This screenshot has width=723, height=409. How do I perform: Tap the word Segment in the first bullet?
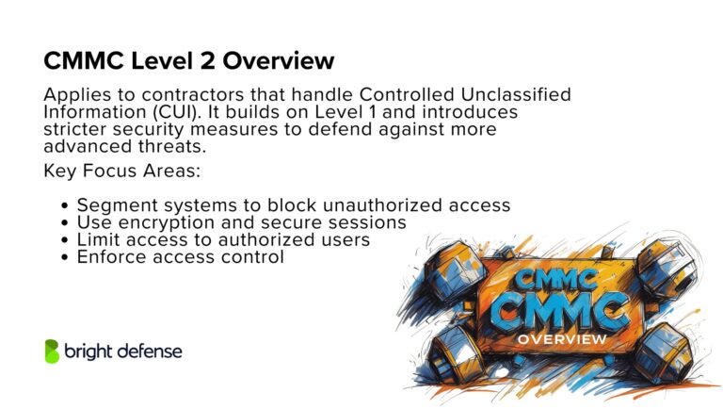pyautogui.click(x=116, y=205)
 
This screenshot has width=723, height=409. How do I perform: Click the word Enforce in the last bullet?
pyautogui.click(x=112, y=256)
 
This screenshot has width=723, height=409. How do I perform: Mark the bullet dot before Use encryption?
pyautogui.click(x=64, y=223)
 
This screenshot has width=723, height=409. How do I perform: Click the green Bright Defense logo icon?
pyautogui.click(x=52, y=351)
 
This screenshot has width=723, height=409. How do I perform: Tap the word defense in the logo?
pyautogui.click(x=148, y=352)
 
